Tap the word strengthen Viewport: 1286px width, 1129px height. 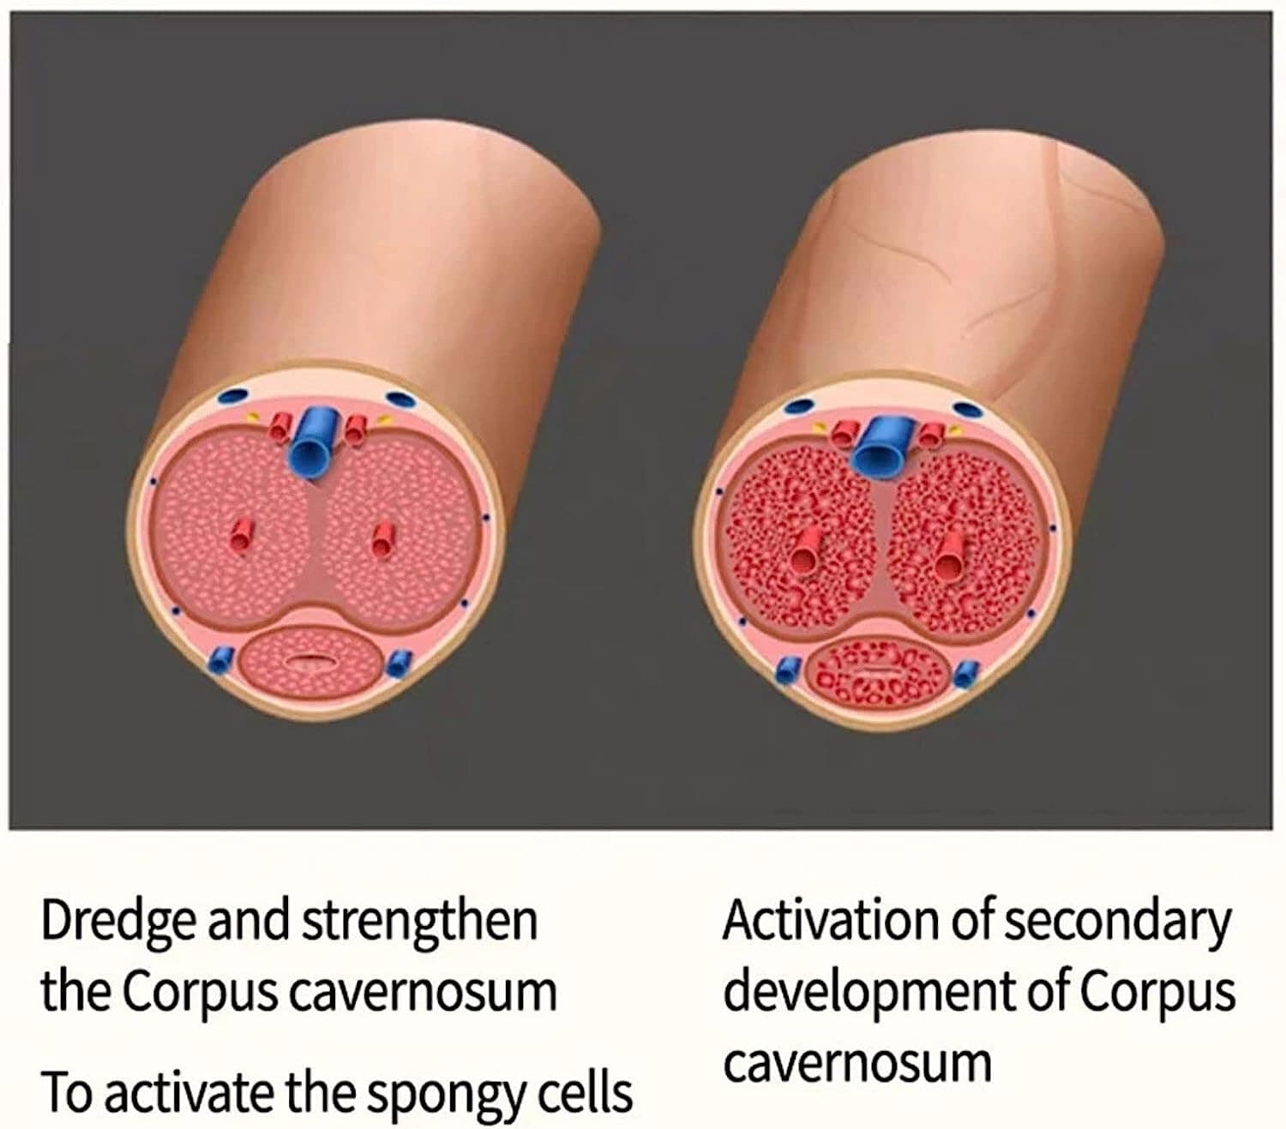[x=419, y=920]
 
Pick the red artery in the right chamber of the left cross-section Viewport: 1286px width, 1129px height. [x=382, y=540]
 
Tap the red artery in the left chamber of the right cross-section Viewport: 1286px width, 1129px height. [x=806, y=551]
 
